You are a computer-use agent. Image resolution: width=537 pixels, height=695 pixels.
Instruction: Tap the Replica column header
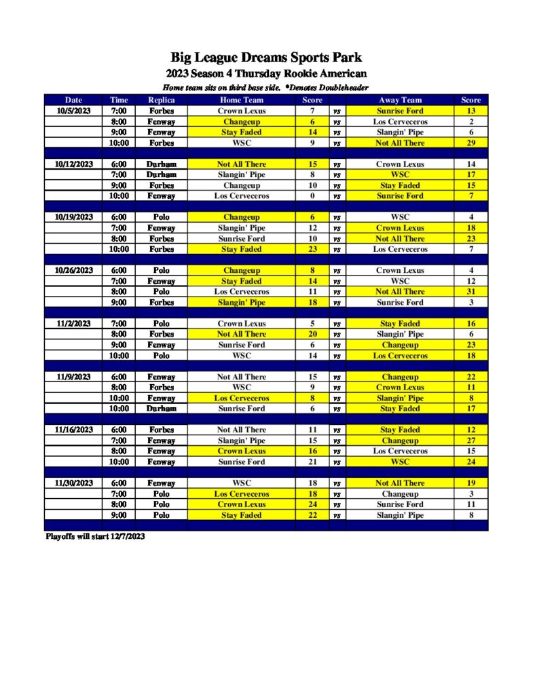coord(162,100)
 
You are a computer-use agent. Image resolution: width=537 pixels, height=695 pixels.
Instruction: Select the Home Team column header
coord(242,100)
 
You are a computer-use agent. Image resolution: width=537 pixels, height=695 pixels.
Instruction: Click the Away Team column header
coord(400,100)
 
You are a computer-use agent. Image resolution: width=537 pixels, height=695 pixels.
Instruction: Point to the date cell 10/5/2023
coord(73,111)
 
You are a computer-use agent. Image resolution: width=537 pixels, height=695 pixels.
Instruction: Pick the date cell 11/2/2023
coord(73,324)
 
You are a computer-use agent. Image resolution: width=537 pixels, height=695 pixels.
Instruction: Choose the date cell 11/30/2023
coord(73,483)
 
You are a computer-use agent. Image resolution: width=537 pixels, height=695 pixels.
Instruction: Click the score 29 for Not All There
coord(470,143)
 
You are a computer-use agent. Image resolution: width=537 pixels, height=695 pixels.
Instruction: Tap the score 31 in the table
coord(470,292)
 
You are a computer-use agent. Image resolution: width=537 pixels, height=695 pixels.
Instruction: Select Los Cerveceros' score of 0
coord(312,196)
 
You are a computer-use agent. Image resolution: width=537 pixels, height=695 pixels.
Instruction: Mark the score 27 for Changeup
coord(470,440)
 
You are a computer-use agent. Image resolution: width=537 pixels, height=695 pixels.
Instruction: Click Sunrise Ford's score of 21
coord(312,462)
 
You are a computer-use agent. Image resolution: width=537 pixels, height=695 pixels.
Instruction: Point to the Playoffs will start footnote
coord(95,537)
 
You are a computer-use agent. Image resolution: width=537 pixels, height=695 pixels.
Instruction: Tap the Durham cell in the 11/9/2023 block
coord(162,409)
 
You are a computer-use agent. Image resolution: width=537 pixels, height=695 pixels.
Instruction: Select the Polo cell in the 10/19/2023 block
coord(162,217)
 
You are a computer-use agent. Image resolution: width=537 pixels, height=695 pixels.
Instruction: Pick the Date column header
coord(73,100)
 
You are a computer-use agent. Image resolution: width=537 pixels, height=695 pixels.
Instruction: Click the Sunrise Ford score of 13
coord(470,111)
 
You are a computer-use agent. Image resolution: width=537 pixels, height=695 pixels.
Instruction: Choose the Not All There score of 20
coord(312,334)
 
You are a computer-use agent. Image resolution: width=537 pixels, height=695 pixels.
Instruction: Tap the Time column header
coord(119,100)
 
